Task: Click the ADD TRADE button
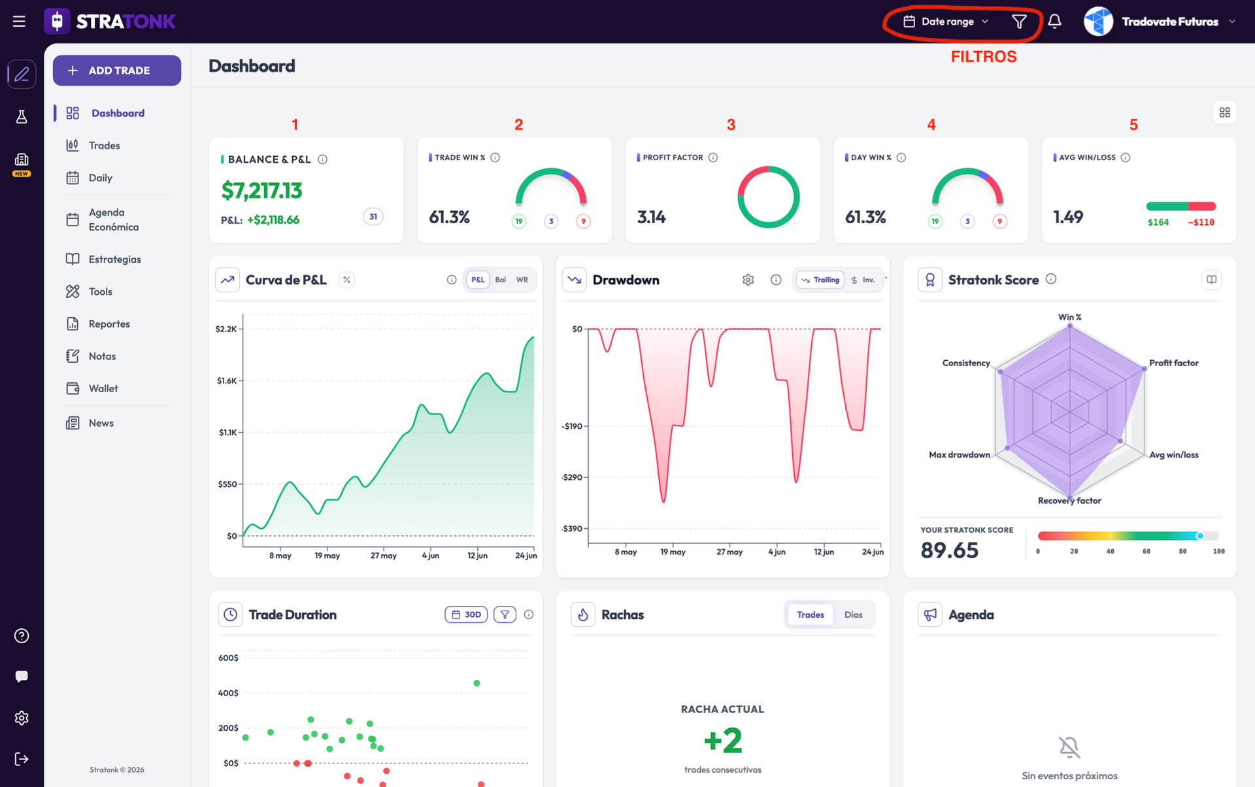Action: click(117, 71)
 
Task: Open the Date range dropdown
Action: click(946, 22)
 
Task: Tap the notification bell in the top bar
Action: click(1054, 22)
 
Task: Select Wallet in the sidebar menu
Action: click(103, 388)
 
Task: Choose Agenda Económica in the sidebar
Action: click(113, 220)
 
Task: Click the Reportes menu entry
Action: click(109, 324)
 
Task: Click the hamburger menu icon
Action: click(19, 22)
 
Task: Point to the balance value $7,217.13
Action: click(261, 190)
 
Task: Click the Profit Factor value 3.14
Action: click(651, 217)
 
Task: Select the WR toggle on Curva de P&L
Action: click(522, 280)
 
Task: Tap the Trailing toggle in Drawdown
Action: click(820, 280)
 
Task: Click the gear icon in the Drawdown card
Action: click(748, 280)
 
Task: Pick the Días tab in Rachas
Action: click(853, 614)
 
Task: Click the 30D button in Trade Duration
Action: click(466, 614)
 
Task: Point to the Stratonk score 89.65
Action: click(949, 550)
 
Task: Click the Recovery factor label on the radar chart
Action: click(1069, 501)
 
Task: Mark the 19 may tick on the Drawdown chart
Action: click(673, 552)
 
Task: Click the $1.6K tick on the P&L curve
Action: click(227, 380)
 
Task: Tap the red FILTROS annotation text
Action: click(984, 57)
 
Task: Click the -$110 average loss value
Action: click(1201, 222)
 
